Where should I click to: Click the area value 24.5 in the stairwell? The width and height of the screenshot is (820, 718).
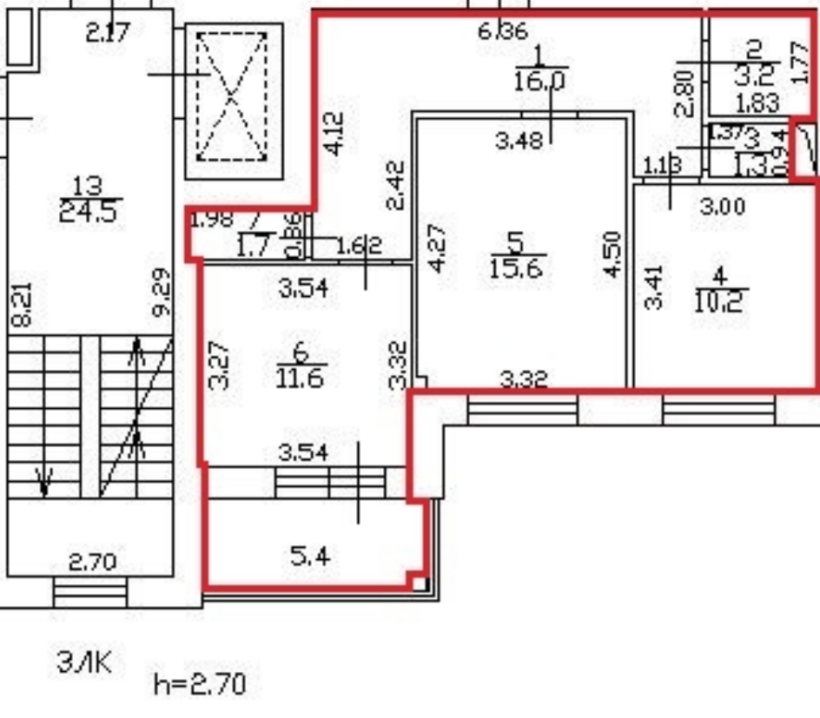coord(89,211)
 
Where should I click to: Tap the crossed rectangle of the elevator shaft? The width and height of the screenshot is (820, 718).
coord(231,96)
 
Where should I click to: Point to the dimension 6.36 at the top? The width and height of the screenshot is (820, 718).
coord(503,31)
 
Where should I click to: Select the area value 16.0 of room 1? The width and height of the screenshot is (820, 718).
coord(540,82)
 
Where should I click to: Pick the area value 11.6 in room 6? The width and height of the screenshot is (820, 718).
coord(300,378)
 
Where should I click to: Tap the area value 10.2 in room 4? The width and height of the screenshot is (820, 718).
coord(720,300)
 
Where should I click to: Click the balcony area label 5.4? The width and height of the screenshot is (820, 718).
coord(310,555)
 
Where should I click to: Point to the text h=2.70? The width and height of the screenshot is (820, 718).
coord(199,683)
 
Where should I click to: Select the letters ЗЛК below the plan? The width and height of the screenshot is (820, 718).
coord(84,663)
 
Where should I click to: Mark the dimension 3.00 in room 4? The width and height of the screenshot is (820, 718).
coord(723,207)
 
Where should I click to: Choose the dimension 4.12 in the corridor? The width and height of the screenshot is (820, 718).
coord(334,133)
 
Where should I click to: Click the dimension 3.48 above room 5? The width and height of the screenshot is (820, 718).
coord(519,139)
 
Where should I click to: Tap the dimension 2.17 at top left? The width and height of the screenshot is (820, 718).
coord(108,33)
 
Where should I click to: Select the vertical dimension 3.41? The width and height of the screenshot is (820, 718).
coord(656,287)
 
